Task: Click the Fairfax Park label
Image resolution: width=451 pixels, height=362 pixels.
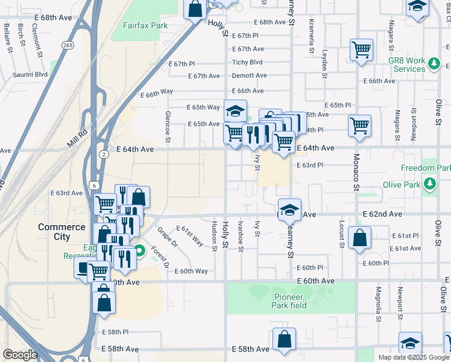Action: click(x=145, y=26)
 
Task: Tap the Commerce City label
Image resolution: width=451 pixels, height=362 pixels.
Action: click(x=61, y=232)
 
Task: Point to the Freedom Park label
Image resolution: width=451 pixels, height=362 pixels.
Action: click(x=426, y=168)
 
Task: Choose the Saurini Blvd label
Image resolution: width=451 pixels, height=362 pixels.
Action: click(x=30, y=75)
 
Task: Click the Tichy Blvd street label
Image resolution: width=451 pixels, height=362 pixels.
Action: click(x=248, y=62)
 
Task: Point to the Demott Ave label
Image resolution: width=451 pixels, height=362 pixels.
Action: click(x=250, y=75)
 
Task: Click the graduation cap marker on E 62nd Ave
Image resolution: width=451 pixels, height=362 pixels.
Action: click(x=290, y=210)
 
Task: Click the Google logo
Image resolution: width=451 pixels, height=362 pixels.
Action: click(x=20, y=355)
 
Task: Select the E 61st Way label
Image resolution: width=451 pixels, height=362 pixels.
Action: click(x=189, y=235)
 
